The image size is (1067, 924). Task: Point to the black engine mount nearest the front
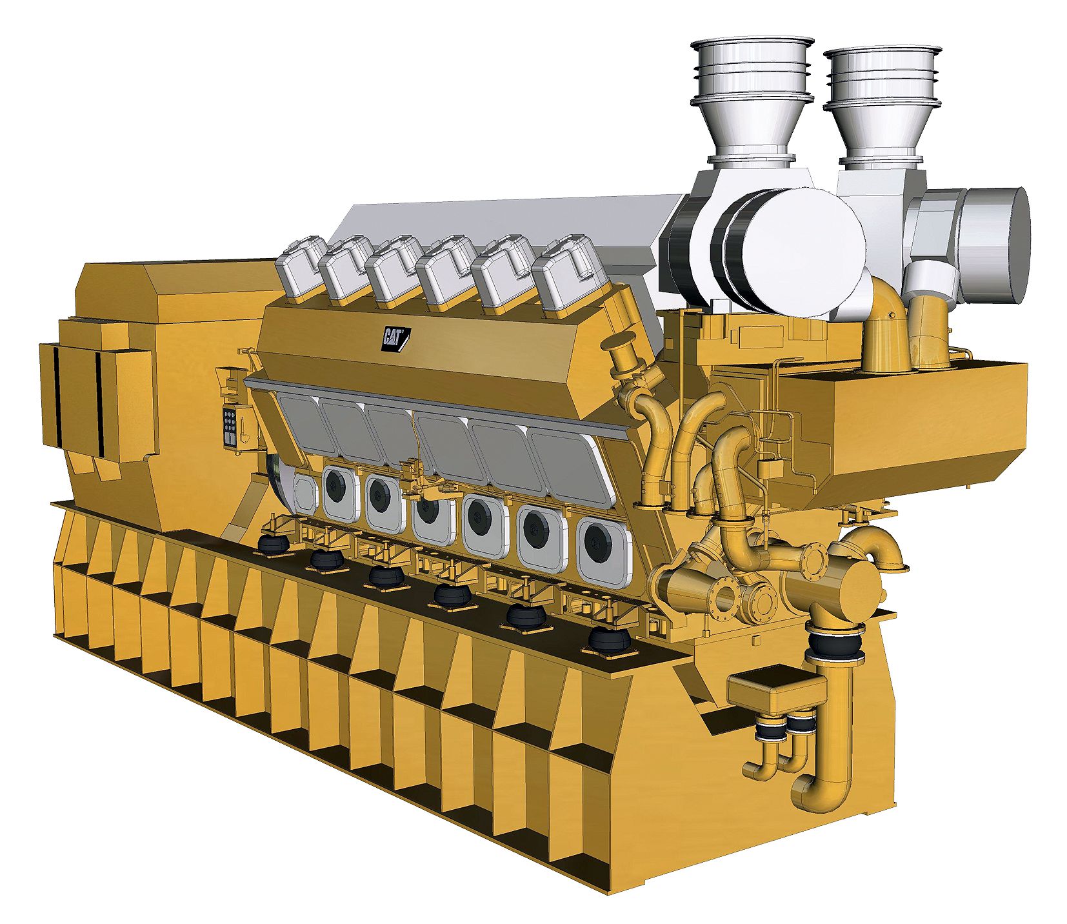click(x=609, y=640)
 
